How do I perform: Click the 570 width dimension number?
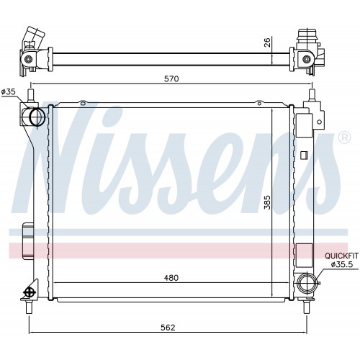click(171, 78)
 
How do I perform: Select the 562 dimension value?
click(168, 328)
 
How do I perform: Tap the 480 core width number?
click(171, 278)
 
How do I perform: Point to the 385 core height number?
click(267, 202)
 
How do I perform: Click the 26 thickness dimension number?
click(267, 42)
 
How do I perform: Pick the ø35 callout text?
click(9, 91)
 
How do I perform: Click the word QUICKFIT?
click(341, 256)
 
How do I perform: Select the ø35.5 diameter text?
click(342, 264)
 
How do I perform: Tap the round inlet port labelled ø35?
click(37, 117)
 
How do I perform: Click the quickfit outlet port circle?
click(306, 282)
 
